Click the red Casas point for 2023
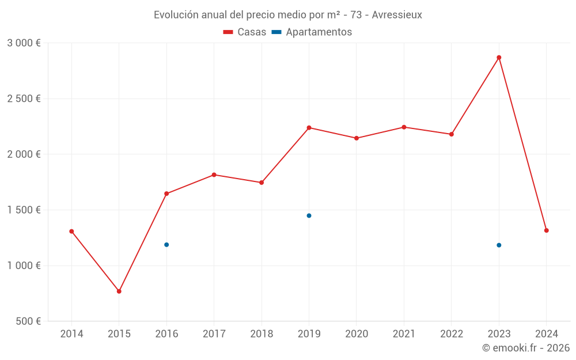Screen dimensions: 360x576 point(499,58)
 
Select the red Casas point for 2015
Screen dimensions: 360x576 point(119,291)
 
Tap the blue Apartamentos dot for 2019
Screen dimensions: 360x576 point(309,215)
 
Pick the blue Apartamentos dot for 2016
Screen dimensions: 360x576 point(166,245)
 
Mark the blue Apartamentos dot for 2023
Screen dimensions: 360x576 point(499,245)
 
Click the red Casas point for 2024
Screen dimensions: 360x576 point(546,230)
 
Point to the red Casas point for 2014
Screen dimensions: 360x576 point(71,232)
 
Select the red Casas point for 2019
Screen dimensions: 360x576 point(309,128)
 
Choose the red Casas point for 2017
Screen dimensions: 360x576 point(214,175)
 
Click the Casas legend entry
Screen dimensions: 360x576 point(245,32)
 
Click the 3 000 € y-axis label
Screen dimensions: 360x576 point(24,43)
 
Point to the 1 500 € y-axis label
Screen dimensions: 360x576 point(24,210)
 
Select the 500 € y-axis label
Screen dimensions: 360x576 point(27,321)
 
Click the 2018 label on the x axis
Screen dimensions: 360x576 point(262,334)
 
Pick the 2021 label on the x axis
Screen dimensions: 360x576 point(404,334)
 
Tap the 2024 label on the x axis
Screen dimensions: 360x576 point(546,334)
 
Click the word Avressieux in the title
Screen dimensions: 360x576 point(397,15)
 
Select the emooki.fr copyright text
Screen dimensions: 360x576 point(526,348)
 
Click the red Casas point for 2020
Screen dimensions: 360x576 point(357,138)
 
